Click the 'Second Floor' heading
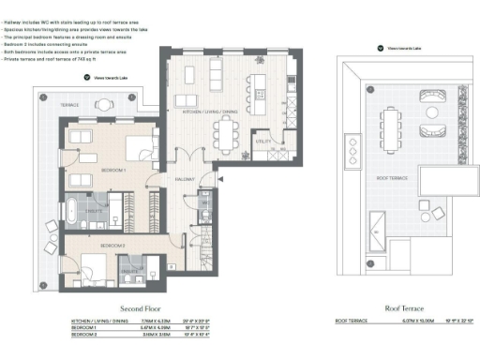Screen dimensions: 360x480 (143, 308)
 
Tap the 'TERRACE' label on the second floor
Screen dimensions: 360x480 (70, 104)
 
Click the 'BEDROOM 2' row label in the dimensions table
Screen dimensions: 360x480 (84, 332)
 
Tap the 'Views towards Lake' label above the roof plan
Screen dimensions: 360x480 (403, 48)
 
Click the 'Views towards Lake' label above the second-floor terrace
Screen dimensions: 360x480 (105, 82)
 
